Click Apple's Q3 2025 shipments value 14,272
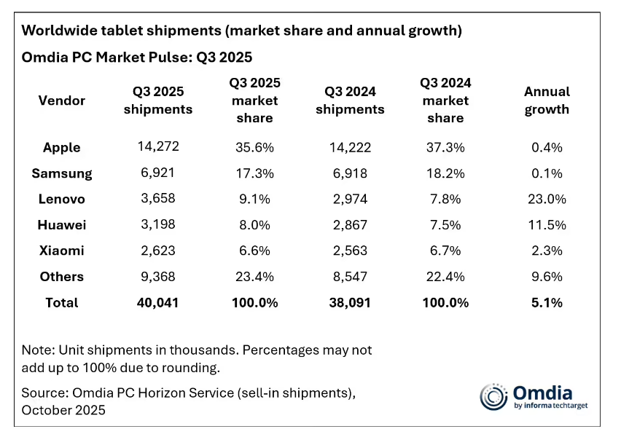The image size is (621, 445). pos(158,146)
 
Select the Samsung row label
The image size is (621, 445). pos(62,173)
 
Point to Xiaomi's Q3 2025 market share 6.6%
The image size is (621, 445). pos(254,251)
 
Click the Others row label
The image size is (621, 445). pos(62,277)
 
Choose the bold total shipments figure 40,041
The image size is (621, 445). pos(158,302)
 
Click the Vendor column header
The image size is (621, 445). pos(62,101)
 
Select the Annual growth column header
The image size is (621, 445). pos(547,101)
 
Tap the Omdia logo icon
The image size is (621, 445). pos(493,396)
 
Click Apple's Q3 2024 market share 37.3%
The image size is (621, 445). pos(445,147)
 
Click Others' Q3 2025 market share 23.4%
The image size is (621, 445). pos(254,277)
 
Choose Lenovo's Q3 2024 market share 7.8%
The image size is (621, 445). pos(445,199)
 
